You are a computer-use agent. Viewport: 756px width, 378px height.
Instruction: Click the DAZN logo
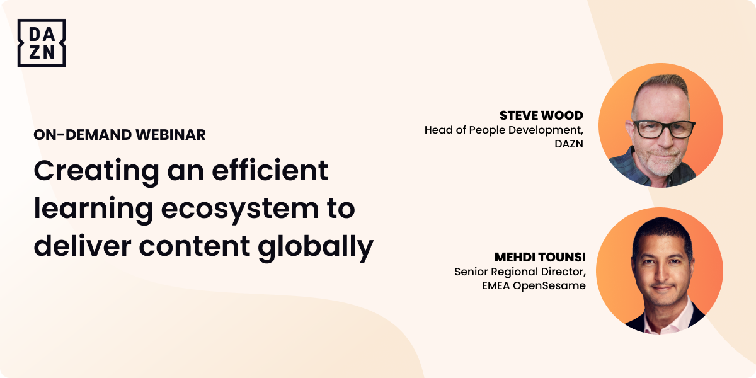(x=42, y=43)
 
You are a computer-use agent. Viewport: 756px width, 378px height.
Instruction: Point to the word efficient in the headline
(x=270, y=171)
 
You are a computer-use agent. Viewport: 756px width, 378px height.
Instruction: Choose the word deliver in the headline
(x=83, y=246)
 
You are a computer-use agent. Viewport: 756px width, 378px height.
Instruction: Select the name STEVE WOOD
(x=541, y=115)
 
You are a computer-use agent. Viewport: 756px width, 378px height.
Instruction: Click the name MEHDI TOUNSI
(x=540, y=257)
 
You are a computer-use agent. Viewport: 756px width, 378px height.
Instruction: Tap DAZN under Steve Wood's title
(x=569, y=144)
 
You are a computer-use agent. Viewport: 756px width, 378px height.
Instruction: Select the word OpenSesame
(x=549, y=286)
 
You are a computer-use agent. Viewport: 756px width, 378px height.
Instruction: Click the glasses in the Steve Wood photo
(x=664, y=129)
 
